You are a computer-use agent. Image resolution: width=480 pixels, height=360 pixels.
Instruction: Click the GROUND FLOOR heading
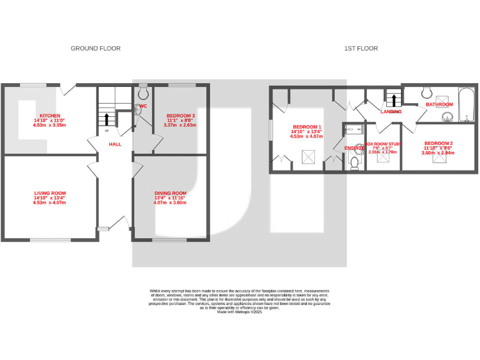(x=96, y=48)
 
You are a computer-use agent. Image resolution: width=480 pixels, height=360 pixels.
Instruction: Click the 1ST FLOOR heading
(x=361, y=48)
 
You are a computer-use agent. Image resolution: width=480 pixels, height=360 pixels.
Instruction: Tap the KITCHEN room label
(x=50, y=116)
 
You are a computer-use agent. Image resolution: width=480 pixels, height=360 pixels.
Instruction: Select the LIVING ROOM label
(x=49, y=193)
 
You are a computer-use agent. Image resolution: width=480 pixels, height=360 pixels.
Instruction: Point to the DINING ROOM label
(x=170, y=193)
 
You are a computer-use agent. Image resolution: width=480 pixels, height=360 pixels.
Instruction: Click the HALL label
(x=115, y=144)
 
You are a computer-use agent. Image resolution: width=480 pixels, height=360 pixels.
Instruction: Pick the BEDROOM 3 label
(x=180, y=116)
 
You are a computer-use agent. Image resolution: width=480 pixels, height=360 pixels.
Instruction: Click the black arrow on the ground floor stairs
(x=106, y=119)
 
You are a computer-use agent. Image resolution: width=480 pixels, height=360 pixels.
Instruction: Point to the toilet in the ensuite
(x=354, y=162)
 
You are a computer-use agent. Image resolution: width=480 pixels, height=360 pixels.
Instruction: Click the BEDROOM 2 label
(x=437, y=143)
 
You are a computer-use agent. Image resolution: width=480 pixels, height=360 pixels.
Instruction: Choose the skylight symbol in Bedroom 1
(x=307, y=156)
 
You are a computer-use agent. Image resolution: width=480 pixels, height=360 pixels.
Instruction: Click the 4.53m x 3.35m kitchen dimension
(x=49, y=125)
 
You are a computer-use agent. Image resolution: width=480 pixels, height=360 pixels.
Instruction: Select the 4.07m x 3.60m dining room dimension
(x=170, y=202)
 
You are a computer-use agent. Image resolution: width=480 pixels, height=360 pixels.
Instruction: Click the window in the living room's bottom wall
(x=50, y=239)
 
